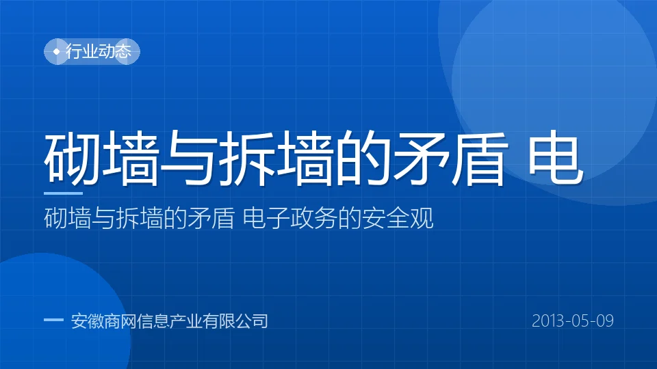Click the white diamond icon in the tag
[x=57, y=51]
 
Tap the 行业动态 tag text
[x=99, y=51]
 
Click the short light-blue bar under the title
[x=63, y=193]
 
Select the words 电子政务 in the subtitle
[x=290, y=219]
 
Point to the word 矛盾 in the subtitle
[x=211, y=219]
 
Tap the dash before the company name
[x=53, y=320]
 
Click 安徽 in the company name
[x=87, y=321]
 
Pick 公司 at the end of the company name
[x=251, y=321]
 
